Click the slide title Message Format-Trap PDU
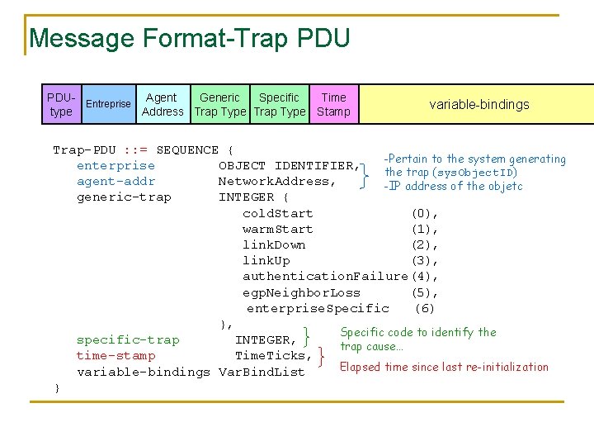(x=189, y=38)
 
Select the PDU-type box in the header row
(x=61, y=104)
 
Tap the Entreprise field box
(x=108, y=104)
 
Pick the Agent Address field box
(x=163, y=104)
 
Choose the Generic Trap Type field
(x=220, y=104)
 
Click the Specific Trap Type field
(x=280, y=104)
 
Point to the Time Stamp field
(x=333, y=104)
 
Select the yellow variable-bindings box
(x=478, y=104)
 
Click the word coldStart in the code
(x=278, y=213)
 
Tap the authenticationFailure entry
(x=325, y=276)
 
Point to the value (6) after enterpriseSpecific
(x=424, y=308)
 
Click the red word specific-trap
(x=128, y=339)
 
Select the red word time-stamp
(x=115, y=355)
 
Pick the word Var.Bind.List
(x=262, y=372)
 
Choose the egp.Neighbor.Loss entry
(x=301, y=292)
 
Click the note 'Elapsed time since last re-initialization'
(x=444, y=367)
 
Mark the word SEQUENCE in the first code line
(x=187, y=149)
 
